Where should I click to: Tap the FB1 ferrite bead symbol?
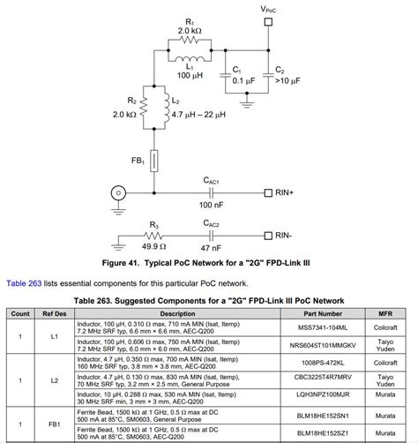[x=156, y=161]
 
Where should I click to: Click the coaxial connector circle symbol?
[x=116, y=192]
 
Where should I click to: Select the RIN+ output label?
[x=295, y=192]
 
